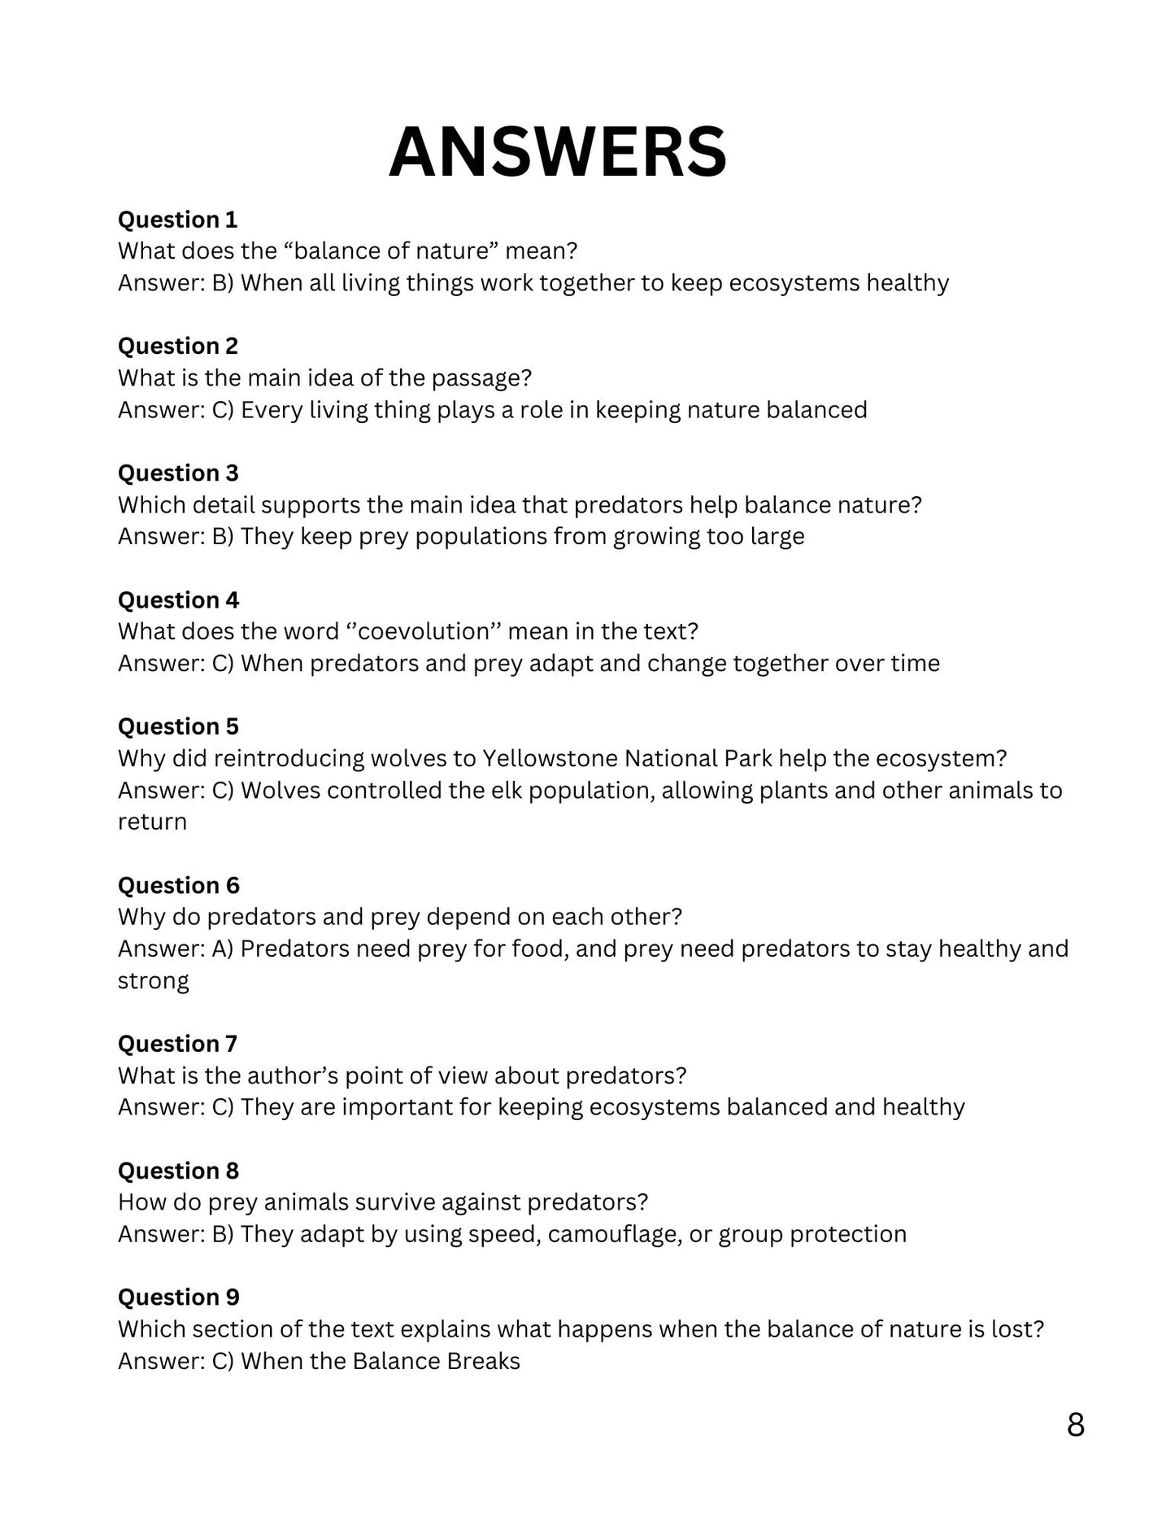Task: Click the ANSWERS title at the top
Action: (558, 152)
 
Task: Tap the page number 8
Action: (1075, 1424)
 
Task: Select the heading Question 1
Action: (177, 220)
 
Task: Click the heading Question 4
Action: (178, 600)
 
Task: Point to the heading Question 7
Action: (177, 1044)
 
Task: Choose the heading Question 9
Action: (178, 1297)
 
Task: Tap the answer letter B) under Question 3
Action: (222, 536)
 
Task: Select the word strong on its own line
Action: (153, 981)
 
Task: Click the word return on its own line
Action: (152, 822)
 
